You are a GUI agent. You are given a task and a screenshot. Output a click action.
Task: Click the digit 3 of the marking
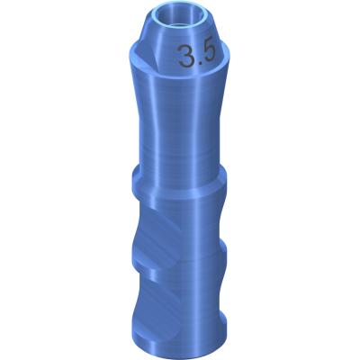click(x=185, y=56)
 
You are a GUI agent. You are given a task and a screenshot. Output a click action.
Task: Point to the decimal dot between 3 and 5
click(x=198, y=63)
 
